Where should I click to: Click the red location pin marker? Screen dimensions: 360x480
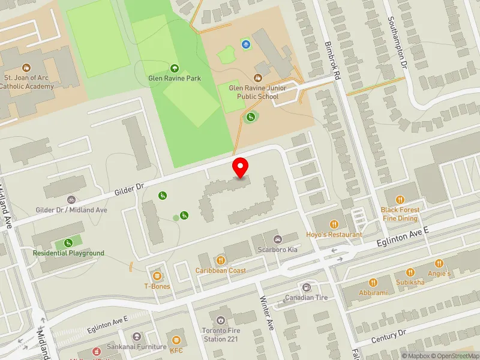pyautogui.click(x=241, y=167)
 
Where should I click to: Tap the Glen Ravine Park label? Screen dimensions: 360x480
pyautogui.click(x=175, y=78)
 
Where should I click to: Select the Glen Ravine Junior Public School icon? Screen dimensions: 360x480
pyautogui.click(x=258, y=77)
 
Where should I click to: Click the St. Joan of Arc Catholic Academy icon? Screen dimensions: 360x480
pyautogui.click(x=26, y=68)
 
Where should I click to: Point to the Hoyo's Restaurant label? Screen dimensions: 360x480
pyautogui.click(x=334, y=235)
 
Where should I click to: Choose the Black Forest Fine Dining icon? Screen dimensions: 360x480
pyautogui.click(x=399, y=200)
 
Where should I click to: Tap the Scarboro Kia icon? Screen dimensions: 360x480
pyautogui.click(x=277, y=240)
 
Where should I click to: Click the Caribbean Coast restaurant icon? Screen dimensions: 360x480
pyautogui.click(x=221, y=260)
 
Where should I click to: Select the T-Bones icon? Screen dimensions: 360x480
pyautogui.click(x=157, y=276)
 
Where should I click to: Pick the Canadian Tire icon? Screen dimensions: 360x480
pyautogui.click(x=307, y=287)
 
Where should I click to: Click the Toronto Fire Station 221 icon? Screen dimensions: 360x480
pyautogui.click(x=221, y=320)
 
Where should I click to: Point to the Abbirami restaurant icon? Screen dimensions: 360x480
pyautogui.click(x=374, y=282)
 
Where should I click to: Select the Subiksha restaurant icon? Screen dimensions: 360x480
pyautogui.click(x=410, y=271)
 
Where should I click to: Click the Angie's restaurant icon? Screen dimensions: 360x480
pyautogui.click(x=439, y=263)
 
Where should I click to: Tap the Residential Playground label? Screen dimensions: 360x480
pyautogui.click(x=68, y=253)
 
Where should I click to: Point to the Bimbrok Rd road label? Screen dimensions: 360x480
pyautogui.click(x=334, y=55)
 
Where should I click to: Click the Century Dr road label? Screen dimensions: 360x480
pyautogui.click(x=389, y=336)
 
